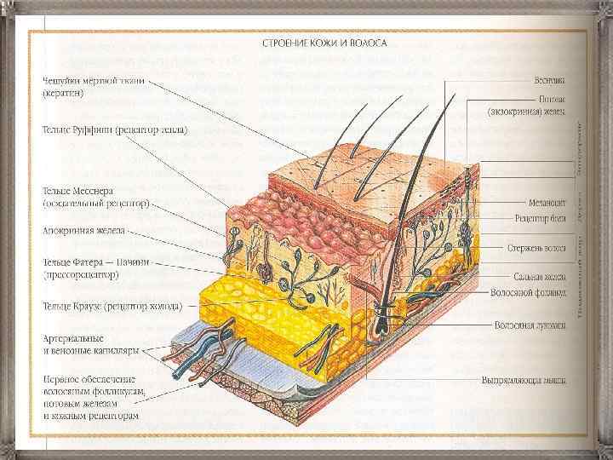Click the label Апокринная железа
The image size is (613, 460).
(x=84, y=230)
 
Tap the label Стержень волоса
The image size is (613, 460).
(x=537, y=248)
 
